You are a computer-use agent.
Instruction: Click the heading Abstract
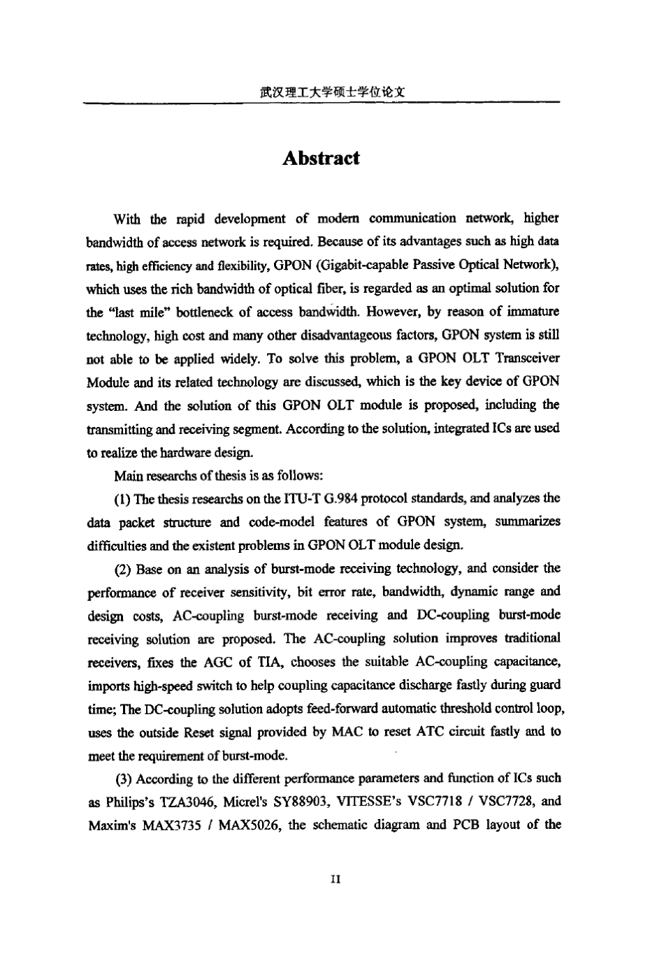[x=321, y=159]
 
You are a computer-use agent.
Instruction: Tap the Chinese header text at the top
[x=332, y=91]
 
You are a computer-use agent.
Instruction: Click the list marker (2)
[x=124, y=569]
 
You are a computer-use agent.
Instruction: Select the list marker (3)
[x=124, y=779]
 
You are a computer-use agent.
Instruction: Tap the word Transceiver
[x=526, y=359]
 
